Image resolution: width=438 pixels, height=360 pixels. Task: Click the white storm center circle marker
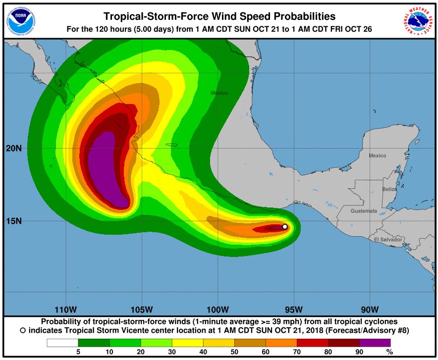tap(285, 226)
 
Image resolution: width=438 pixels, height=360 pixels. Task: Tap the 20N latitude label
tap(13, 148)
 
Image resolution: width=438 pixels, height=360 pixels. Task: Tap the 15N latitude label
tap(13, 221)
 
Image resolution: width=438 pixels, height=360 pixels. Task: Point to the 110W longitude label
tap(66, 310)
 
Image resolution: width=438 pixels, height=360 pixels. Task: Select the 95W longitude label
tap(294, 310)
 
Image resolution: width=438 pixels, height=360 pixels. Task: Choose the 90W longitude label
tap(370, 310)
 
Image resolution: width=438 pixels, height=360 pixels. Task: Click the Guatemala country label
tap(364, 211)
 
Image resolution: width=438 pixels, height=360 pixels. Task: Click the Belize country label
tap(389, 189)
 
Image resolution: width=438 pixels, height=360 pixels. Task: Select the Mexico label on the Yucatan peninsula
tap(377, 156)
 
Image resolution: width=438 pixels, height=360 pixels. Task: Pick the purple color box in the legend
tap(375, 342)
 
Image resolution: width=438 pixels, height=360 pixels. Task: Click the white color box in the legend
tap(62, 342)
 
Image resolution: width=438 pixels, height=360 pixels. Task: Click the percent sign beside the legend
tap(390, 352)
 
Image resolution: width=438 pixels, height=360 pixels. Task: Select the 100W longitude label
tap(218, 310)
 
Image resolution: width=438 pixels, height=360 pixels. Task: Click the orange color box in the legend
tap(281, 342)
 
